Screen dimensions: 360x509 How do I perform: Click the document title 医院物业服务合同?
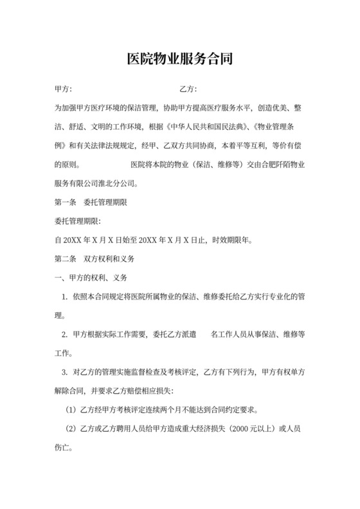[x=179, y=60]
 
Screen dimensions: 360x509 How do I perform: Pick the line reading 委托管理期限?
[x=76, y=222]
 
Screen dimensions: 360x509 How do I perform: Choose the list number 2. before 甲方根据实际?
[x=64, y=335]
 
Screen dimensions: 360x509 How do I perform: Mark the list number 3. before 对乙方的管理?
[x=64, y=372]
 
